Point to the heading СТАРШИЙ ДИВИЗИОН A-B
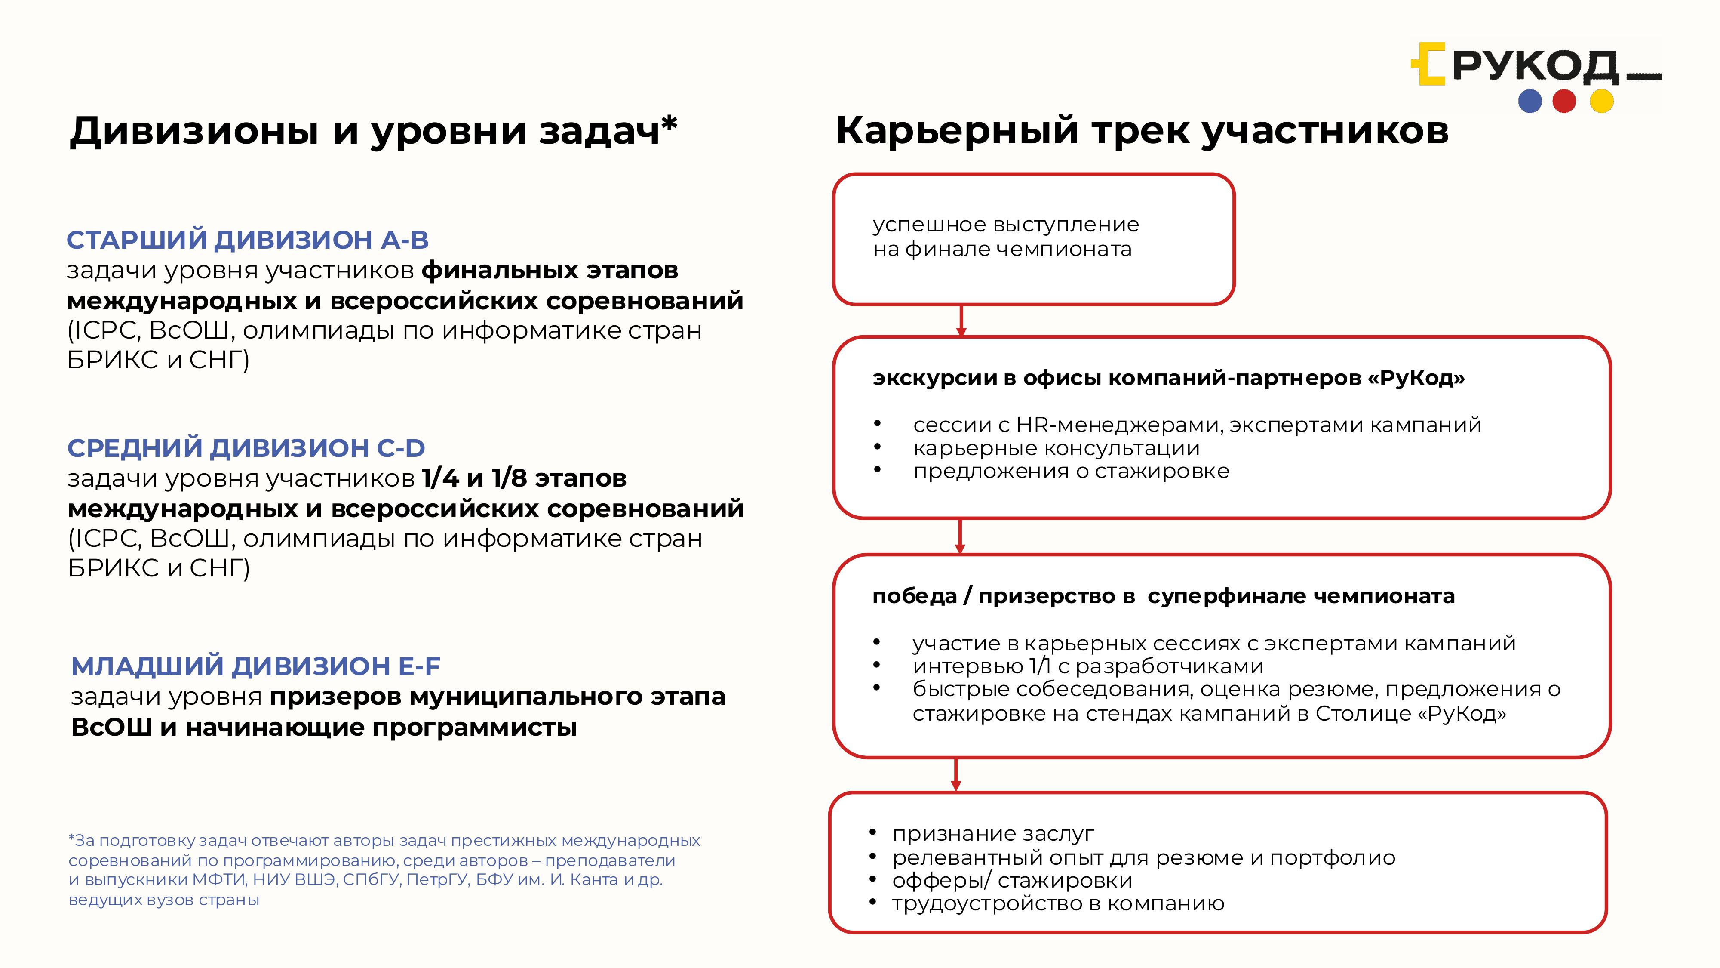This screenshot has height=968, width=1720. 248,240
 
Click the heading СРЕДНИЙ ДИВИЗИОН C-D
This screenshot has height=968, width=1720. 246,447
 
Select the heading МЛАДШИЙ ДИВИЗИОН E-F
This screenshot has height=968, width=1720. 256,666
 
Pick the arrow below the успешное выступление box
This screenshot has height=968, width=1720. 961,321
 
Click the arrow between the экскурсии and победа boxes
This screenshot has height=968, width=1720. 960,536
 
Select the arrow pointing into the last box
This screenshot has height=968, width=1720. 956,775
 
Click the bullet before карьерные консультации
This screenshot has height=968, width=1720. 877,447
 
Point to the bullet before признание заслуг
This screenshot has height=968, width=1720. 873,832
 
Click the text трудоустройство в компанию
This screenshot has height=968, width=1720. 1058,903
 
